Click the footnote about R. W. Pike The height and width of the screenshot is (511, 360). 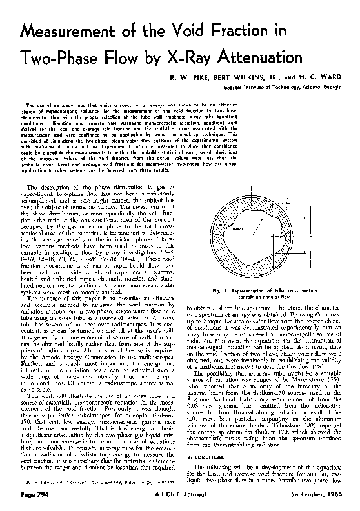coord(94,481)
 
